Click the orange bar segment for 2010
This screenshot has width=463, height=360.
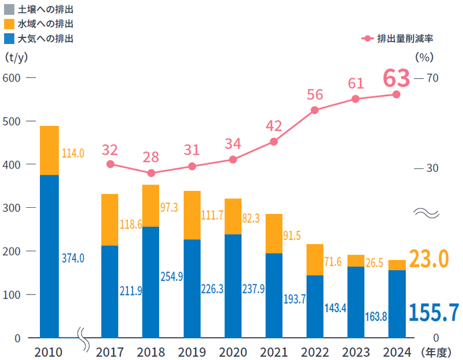pos(49,150)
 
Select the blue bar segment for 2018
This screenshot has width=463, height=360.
pos(151,282)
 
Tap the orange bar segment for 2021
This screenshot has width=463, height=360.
pos(274,234)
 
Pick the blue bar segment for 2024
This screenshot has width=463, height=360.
pos(397,304)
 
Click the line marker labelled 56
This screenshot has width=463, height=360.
pos(315,111)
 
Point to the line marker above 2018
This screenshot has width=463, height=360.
pos(151,173)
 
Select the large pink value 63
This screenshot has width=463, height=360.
pos(396,78)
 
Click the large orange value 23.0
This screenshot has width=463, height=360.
pos(429,259)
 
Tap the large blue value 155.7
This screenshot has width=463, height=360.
pos(433,313)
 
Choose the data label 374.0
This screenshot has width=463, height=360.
pos(73,258)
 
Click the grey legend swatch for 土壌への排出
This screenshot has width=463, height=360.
pos(9,10)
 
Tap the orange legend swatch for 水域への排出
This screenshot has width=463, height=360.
pos(9,24)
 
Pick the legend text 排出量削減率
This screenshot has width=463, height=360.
pos(405,39)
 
